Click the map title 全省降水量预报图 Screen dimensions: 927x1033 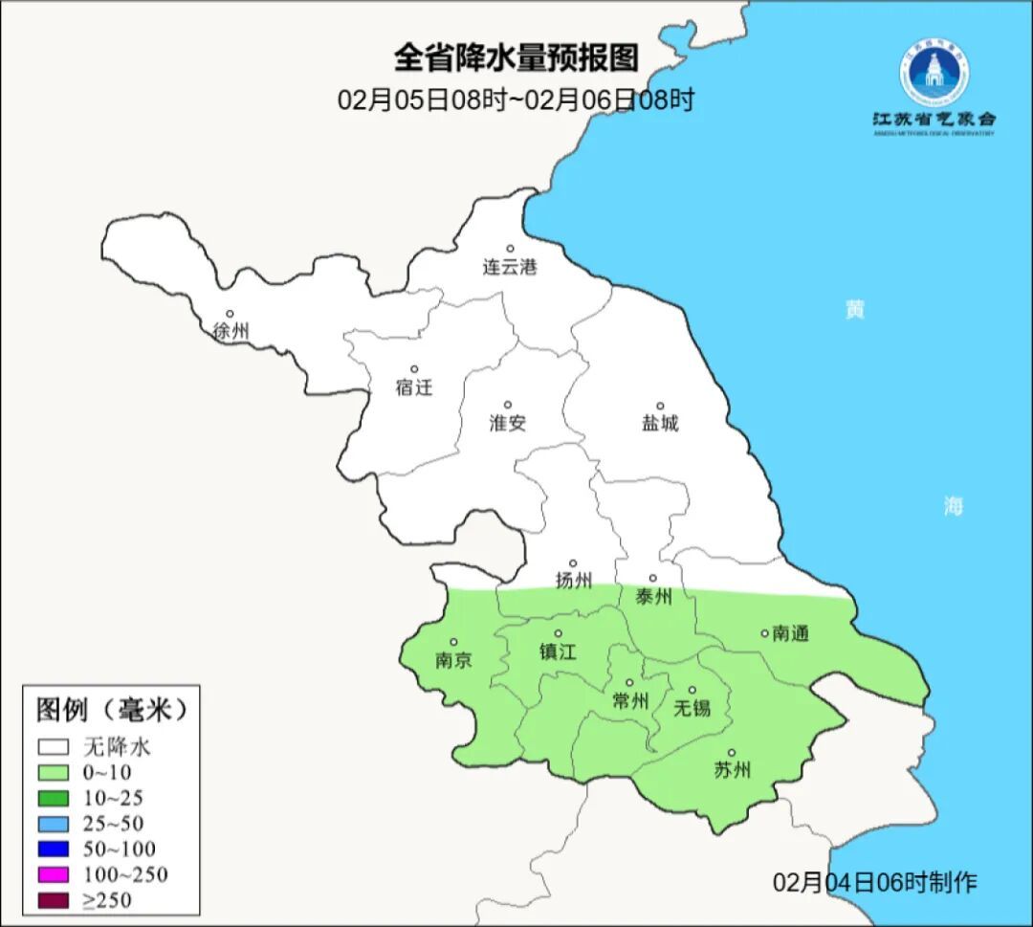516,58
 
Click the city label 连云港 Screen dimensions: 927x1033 510,268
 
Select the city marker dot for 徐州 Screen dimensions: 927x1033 230,314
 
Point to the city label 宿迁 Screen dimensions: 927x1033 414,387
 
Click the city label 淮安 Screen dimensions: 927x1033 508,423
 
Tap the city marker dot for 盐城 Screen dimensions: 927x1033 659,406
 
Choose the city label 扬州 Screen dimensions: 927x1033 574,581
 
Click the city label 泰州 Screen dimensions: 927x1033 654,597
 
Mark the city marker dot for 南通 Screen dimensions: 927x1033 764,632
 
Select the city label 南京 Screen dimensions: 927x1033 453,660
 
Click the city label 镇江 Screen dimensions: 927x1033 559,651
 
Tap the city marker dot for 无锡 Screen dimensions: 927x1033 692,690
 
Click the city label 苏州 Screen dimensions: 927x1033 733,770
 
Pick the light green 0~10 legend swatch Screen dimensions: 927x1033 54,772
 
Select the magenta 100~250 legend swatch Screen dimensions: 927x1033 54,874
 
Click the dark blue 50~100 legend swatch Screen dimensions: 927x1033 54,849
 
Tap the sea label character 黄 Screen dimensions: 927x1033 854,310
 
